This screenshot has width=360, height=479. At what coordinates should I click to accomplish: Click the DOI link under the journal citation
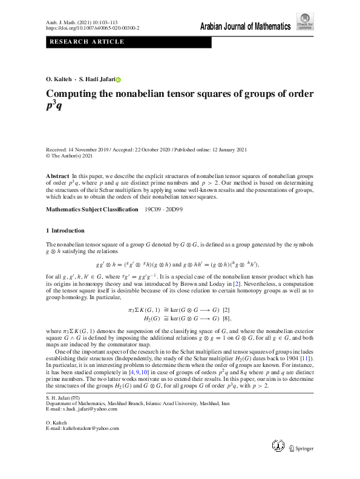pyautogui.click(x=93, y=28)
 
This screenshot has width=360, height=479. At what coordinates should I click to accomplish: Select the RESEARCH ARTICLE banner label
pyautogui.click(x=87, y=42)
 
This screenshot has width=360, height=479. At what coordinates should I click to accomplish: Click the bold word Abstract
pyautogui.click(x=57, y=175)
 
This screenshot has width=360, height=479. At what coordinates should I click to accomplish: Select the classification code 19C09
pyautogui.click(x=154, y=210)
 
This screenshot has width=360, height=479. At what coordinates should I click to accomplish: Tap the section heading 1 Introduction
pyautogui.click(x=65, y=231)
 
